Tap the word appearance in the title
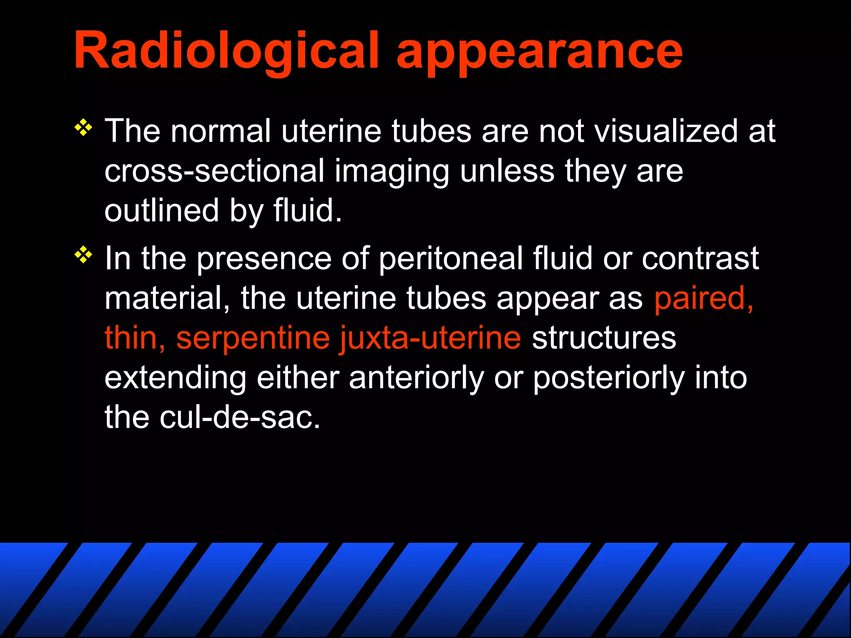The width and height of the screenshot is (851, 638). click(539, 53)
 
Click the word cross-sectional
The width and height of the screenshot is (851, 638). click(214, 171)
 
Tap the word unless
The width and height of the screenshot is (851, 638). click(507, 171)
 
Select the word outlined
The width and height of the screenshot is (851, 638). click(161, 210)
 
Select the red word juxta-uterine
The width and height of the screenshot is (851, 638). click(430, 338)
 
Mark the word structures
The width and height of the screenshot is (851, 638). click(604, 338)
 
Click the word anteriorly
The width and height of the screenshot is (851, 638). click(416, 378)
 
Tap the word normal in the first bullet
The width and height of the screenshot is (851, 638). click(221, 131)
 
